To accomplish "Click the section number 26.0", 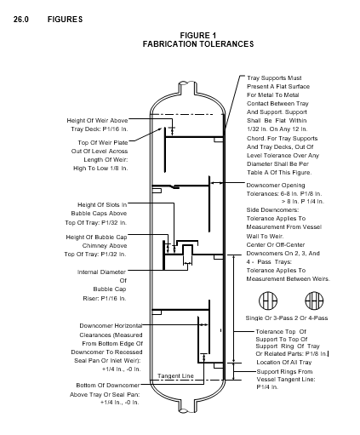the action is (21, 20).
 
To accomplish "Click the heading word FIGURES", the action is (65, 20).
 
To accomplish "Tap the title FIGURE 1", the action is (198, 36).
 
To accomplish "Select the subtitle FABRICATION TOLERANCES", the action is (198, 44).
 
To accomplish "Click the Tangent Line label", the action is (175, 376).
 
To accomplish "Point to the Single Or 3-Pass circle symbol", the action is (268, 300).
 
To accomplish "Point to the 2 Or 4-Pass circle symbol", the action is (314, 300).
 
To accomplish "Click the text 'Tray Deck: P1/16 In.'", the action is (100, 129).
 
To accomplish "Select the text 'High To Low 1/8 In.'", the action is (100, 169).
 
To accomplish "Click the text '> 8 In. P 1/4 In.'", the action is (303, 202).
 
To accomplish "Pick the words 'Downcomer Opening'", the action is (276, 186).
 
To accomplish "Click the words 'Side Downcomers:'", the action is (272, 210).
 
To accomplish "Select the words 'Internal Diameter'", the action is (101, 272).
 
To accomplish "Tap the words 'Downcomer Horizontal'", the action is (111, 325).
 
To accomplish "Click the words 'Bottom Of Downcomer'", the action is (108, 386).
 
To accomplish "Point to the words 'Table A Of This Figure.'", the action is (279, 173).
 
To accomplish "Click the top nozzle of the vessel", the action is (187, 88).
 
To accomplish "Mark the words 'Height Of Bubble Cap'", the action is (96, 238).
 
